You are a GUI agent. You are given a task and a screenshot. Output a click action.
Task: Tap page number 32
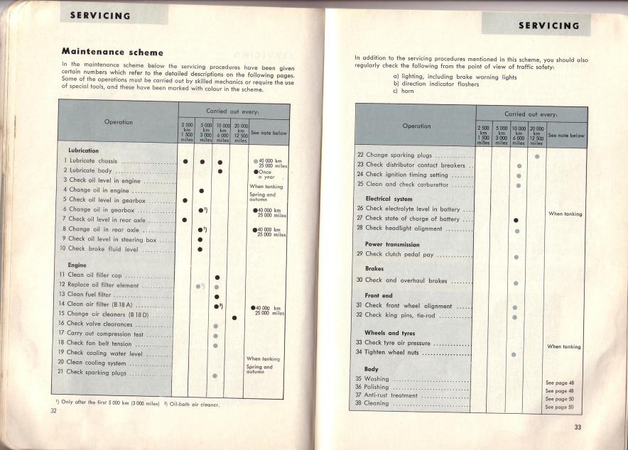53,416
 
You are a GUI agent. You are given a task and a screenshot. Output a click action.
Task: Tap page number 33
578,427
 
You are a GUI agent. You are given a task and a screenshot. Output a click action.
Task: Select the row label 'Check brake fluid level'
97,248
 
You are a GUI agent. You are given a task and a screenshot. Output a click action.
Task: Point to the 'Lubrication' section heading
83,151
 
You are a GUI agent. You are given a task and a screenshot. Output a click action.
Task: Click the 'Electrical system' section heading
389,199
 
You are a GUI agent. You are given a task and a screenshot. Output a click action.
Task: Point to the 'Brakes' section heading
374,269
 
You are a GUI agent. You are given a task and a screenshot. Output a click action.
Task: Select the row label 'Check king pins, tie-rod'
402,315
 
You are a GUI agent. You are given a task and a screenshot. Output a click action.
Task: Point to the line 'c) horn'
408,92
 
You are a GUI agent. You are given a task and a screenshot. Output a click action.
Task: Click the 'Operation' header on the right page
416,126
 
